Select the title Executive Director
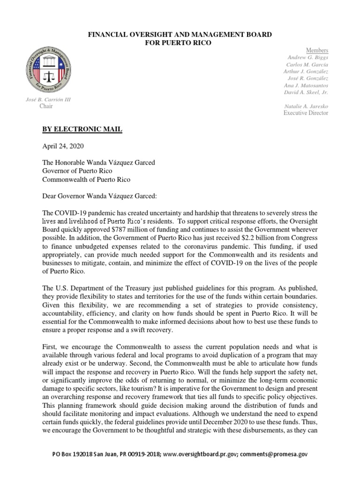click(306, 113)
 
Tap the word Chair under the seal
click(46, 106)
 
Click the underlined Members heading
click(317, 50)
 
